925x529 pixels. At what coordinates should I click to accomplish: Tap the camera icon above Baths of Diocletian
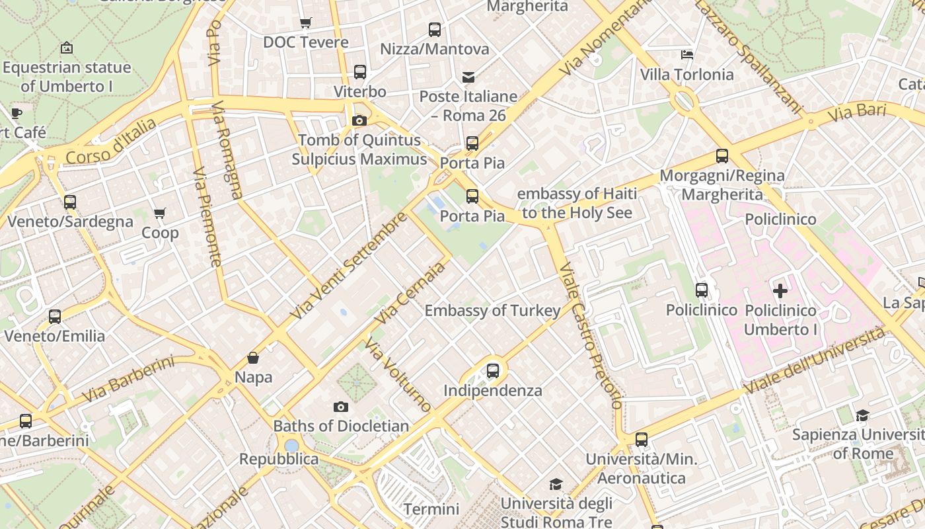point(341,407)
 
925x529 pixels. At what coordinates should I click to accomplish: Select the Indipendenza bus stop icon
point(493,371)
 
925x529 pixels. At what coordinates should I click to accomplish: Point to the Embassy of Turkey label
point(492,310)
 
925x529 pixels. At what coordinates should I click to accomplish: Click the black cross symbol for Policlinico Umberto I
point(780,290)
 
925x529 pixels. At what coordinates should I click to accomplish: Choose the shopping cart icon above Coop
point(159,214)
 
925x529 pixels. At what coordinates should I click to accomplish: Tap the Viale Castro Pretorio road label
point(590,335)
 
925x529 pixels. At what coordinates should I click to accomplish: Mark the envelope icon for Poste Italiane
point(468,77)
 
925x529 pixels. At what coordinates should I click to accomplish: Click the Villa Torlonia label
point(687,75)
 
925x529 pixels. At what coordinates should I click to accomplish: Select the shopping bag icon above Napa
point(253,358)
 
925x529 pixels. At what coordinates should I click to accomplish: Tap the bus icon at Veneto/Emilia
point(55,317)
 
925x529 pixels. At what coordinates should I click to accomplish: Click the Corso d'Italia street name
point(111,142)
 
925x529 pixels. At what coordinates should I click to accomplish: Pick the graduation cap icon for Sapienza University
point(862,415)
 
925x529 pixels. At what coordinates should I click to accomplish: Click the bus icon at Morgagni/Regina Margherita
point(722,157)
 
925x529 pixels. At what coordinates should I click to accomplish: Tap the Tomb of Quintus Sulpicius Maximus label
point(359,149)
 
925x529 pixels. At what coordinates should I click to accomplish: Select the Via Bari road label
point(856,112)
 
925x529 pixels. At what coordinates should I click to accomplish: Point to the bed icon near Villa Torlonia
point(687,54)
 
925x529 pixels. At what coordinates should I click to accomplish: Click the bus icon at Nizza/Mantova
point(435,30)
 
